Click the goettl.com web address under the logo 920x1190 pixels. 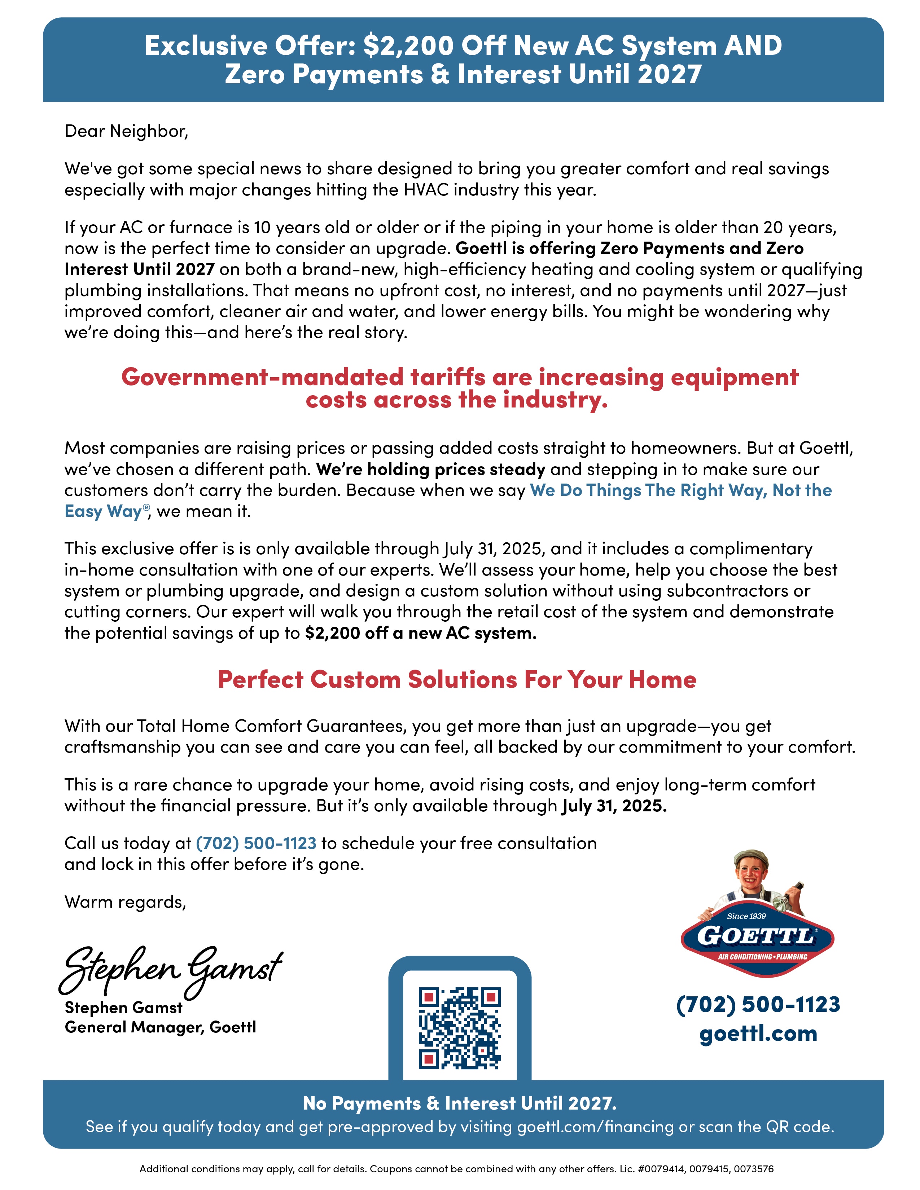click(758, 1033)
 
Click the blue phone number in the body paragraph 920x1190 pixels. click(256, 843)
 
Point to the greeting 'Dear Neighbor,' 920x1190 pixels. click(126, 131)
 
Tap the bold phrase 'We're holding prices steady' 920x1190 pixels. click(430, 469)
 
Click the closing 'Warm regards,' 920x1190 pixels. click(125, 902)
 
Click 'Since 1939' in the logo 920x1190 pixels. click(746, 916)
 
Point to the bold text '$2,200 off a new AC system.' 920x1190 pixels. click(421, 633)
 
